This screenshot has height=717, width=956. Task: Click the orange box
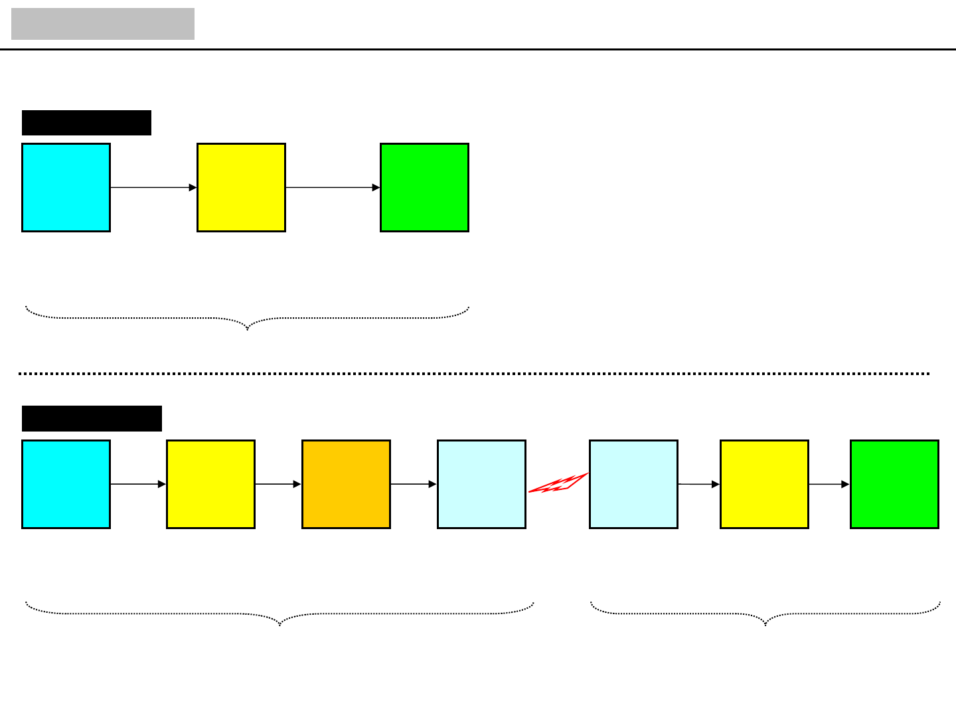pos(346,484)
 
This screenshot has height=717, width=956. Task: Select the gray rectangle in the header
pos(103,24)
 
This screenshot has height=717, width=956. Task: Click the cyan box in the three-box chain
pos(66,187)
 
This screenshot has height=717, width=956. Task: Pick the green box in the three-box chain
pos(424,187)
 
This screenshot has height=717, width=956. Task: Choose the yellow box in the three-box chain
pos(241,187)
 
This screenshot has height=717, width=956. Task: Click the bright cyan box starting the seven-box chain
pos(66,484)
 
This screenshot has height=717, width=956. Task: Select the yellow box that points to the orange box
pos(210,484)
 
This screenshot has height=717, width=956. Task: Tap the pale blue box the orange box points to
pos(481,484)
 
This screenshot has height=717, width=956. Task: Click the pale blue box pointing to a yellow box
pos(633,484)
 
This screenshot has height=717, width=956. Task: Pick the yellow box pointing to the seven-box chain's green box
pos(764,484)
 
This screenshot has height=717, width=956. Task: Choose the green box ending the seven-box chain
pos(894,484)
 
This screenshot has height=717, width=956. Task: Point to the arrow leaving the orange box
pos(414,485)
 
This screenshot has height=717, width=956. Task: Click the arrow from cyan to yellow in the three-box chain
pos(153,188)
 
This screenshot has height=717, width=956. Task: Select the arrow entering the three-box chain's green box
pos(333,188)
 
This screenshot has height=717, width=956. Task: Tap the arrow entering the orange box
pos(278,485)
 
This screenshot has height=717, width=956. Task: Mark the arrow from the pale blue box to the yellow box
pos(699,485)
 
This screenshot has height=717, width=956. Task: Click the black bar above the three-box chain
pos(86,123)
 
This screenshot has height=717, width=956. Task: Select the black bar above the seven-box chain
pos(92,418)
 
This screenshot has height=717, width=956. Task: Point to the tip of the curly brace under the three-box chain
pos(248,329)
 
